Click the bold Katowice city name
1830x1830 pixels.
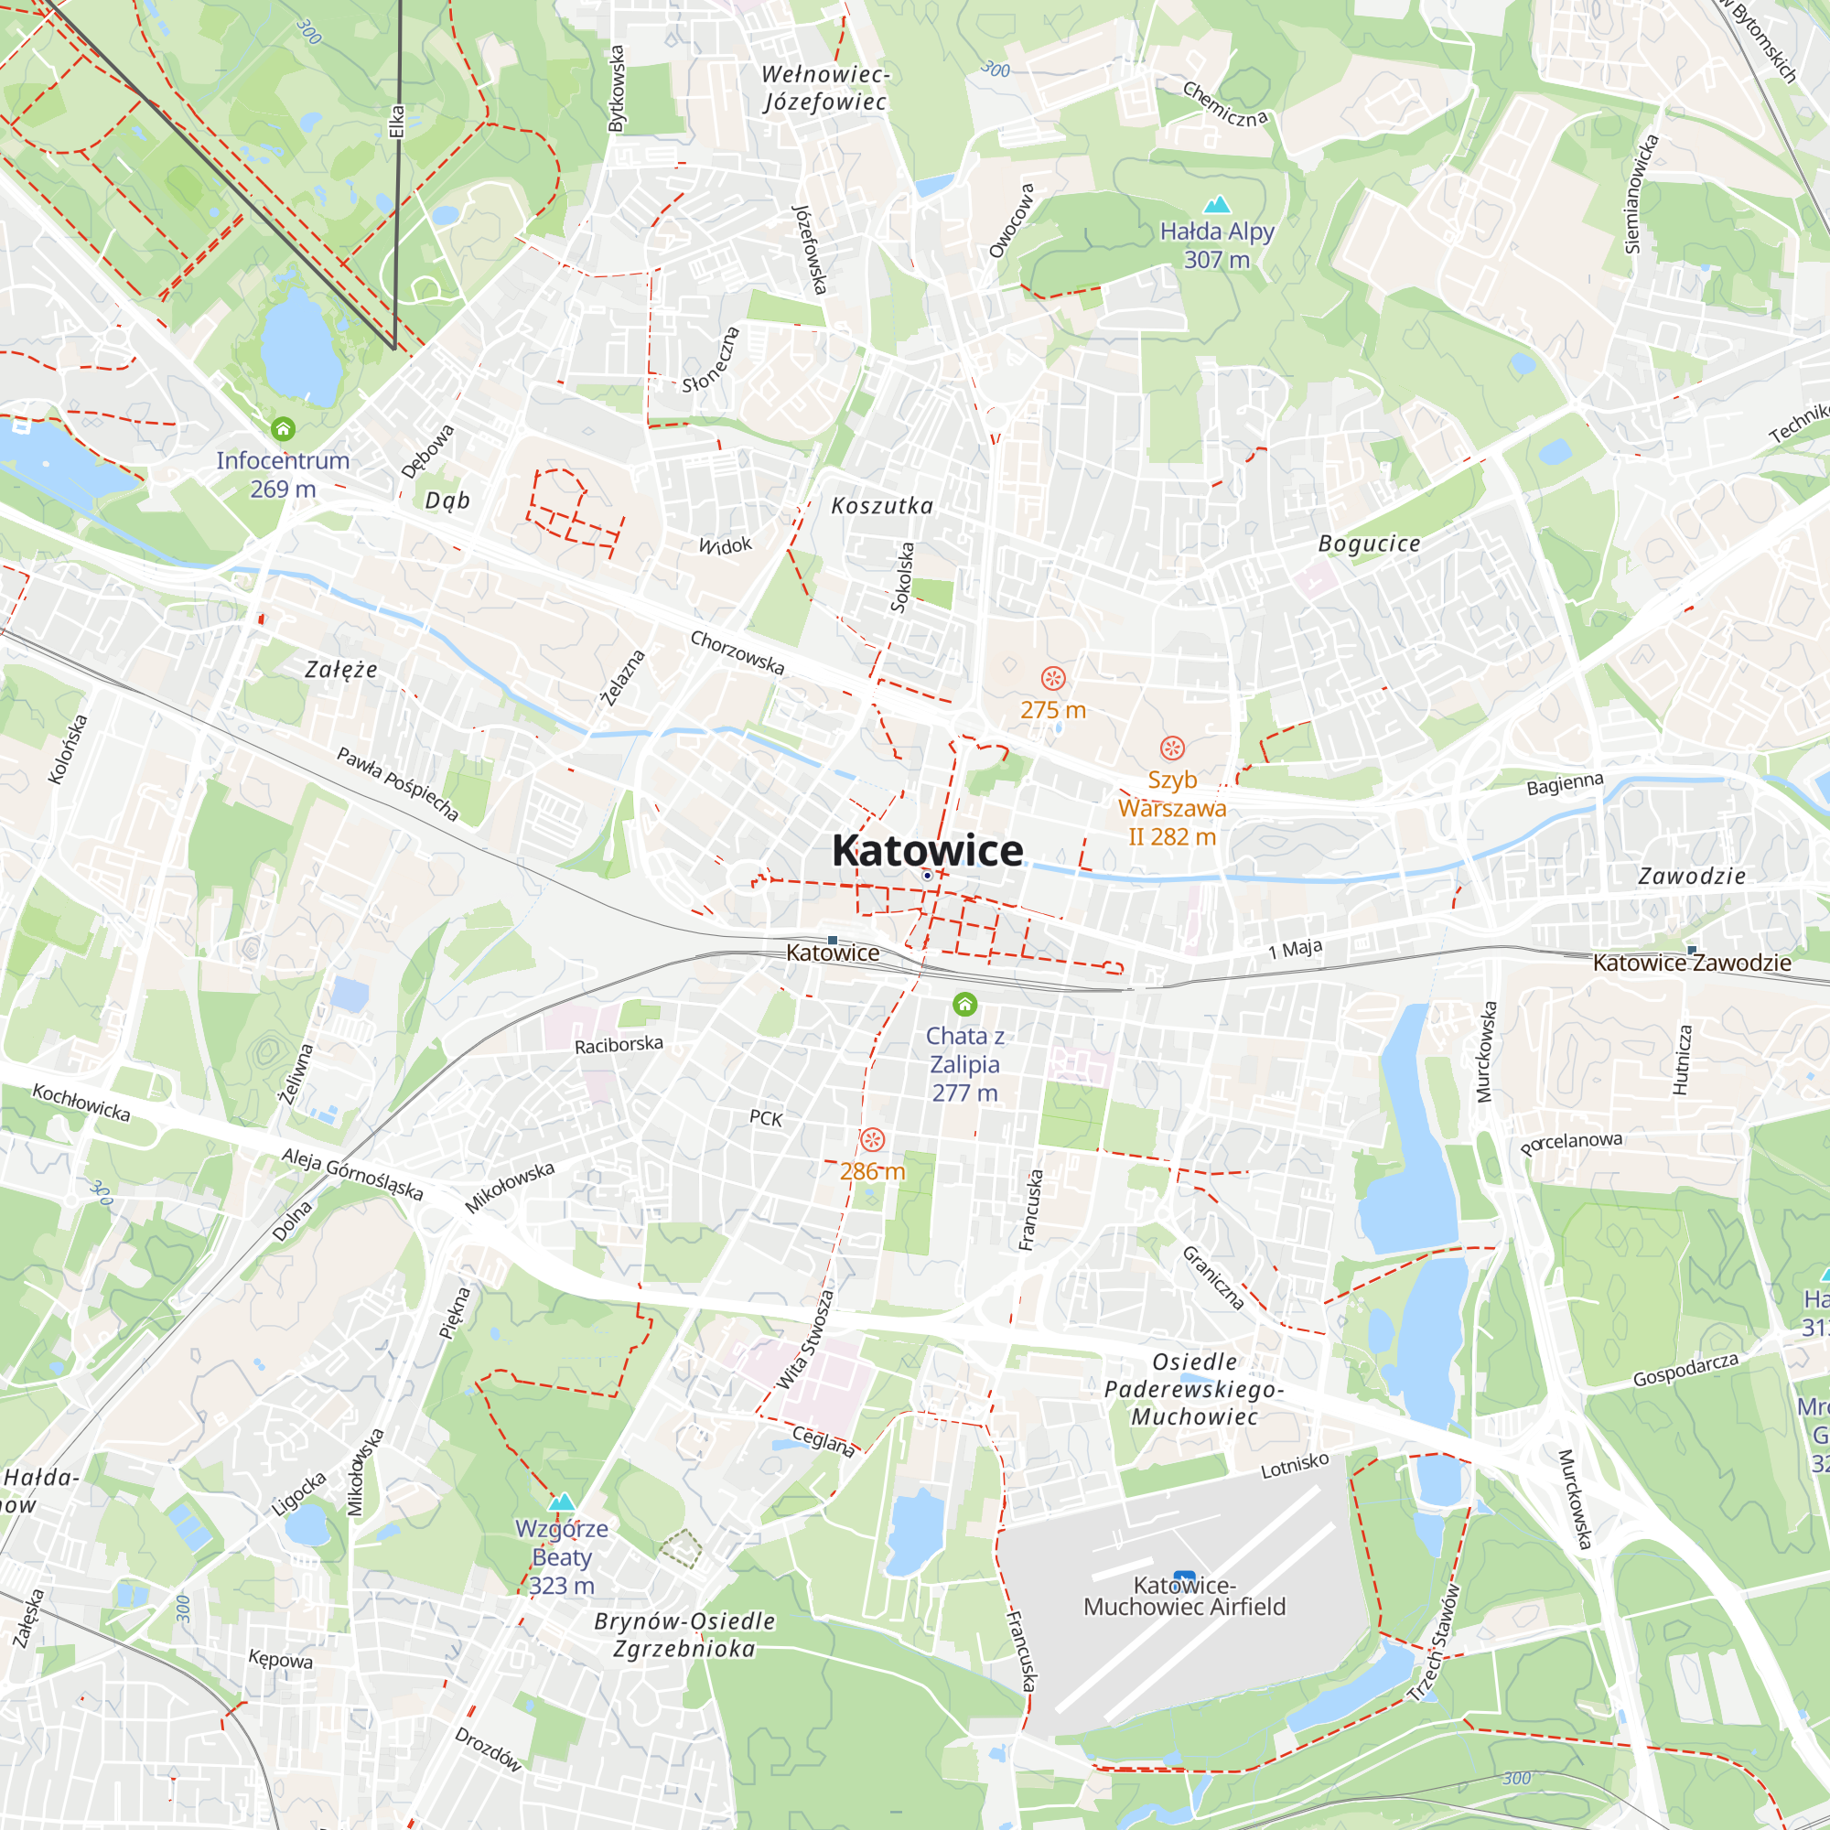pos(926,850)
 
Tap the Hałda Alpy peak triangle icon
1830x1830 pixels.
pos(1216,204)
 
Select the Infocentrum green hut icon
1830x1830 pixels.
pos(282,429)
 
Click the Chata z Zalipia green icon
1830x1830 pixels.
pos(964,1003)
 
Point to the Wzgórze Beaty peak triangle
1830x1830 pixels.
pos(562,1502)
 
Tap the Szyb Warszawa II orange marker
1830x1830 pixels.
pos(1172,748)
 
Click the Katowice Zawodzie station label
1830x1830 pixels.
pos(1691,963)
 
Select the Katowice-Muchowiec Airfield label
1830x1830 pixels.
pos(1184,1596)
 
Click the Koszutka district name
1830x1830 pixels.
pos(882,506)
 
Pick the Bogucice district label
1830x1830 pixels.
pos(1369,544)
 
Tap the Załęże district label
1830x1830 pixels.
pos(341,670)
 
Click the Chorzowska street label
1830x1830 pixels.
pos(737,652)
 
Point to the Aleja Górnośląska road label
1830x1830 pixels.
pos(351,1175)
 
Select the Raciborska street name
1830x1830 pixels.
pos(619,1044)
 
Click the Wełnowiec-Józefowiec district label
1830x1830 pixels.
pos(825,88)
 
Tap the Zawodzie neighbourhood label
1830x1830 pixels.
pos(1692,877)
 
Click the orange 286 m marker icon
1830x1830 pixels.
pos(872,1139)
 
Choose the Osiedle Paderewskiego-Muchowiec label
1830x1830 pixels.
pos(1194,1390)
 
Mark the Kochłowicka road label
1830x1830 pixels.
pos(81,1103)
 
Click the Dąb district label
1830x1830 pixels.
pos(447,501)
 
